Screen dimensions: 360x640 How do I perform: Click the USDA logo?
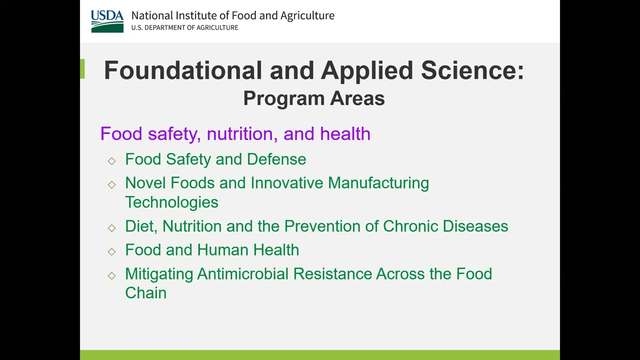(x=107, y=21)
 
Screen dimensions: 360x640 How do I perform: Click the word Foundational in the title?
(x=182, y=70)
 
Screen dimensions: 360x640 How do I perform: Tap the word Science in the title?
(x=471, y=70)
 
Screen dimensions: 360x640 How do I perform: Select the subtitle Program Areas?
(x=313, y=98)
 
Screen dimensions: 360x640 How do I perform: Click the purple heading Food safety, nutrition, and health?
(x=235, y=134)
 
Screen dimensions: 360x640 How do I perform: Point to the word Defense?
(x=276, y=159)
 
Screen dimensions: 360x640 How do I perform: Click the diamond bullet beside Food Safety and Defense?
(x=111, y=160)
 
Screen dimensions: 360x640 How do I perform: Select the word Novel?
(x=145, y=183)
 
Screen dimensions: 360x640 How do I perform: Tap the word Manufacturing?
(x=378, y=183)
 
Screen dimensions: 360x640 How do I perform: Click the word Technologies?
(x=171, y=202)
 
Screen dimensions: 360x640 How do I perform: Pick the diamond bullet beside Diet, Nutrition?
(x=111, y=227)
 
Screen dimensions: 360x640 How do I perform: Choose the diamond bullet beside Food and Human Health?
(x=111, y=251)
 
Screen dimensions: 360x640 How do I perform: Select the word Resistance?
(x=332, y=274)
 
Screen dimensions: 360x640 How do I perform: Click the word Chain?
(x=145, y=293)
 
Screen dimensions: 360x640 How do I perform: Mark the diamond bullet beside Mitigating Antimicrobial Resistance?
(x=111, y=275)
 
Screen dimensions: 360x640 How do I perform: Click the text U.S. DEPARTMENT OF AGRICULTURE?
(x=184, y=28)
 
